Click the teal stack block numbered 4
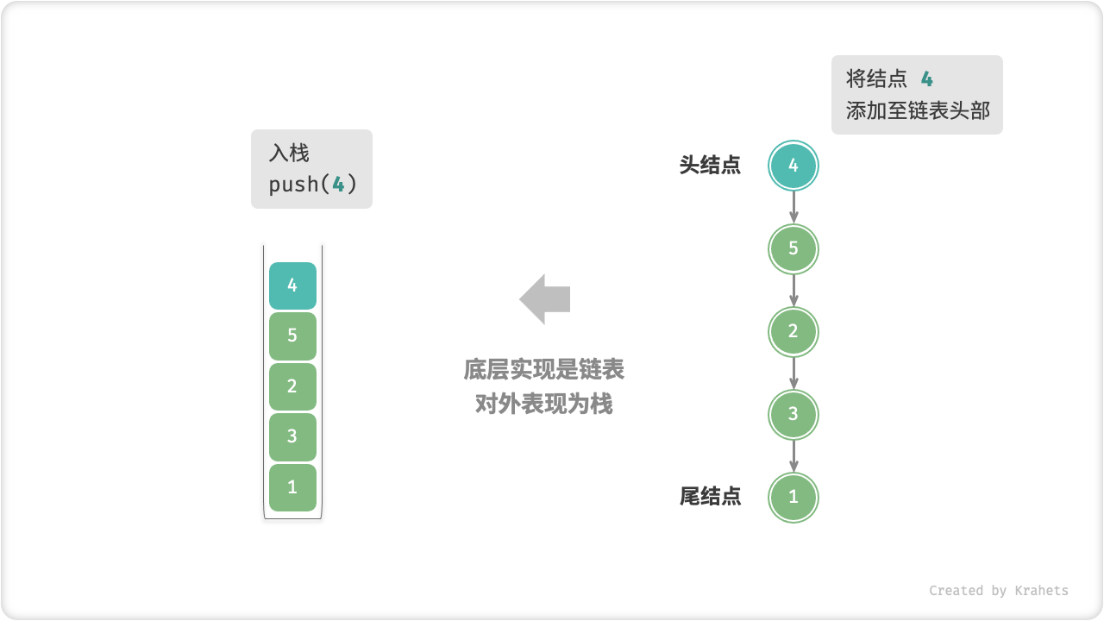[292, 285]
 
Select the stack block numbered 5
[292, 336]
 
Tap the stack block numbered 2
[292, 386]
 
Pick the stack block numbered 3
[292, 436]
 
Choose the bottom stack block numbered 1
[292, 487]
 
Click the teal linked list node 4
[793, 166]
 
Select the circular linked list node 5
[793, 249]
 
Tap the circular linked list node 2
[793, 332]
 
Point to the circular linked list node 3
[793, 415]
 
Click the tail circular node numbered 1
[793, 498]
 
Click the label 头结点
[710, 166]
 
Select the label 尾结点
[710, 497]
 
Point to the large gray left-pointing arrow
[545, 299]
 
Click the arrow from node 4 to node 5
[793, 207]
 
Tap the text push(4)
[312, 185]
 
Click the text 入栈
[289, 154]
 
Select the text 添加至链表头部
[918, 111]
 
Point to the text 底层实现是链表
[544, 370]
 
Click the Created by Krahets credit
[999, 591]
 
